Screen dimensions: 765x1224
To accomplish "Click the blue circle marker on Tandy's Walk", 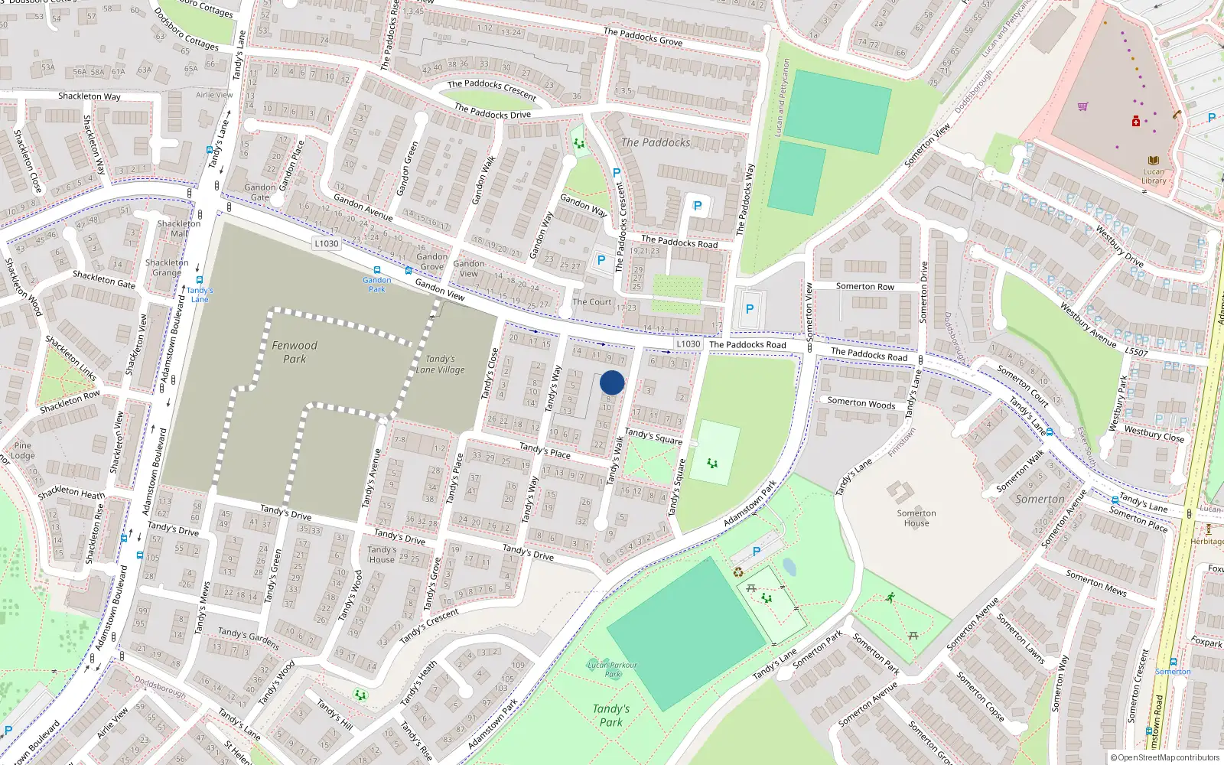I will coord(612,382).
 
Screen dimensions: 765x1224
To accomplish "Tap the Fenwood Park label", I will coord(295,352).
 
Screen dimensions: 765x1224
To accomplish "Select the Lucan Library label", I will coord(1154,176).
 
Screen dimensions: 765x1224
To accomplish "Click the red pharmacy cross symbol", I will coord(1136,122).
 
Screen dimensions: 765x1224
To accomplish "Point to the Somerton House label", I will coord(916,518).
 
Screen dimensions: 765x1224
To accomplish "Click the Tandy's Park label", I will coord(610,715).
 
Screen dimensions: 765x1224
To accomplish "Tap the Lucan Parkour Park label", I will coord(613,669).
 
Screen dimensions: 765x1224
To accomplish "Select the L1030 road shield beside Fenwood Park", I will coord(327,243).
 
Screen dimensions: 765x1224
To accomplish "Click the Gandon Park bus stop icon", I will coord(376,270).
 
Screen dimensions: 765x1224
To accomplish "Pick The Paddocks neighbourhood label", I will coord(656,142).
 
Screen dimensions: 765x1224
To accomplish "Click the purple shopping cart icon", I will coord(1082,106).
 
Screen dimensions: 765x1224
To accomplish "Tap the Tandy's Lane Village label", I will coord(441,364).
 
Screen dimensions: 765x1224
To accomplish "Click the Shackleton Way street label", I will coord(90,96).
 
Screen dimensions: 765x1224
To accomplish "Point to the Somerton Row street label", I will coord(864,286).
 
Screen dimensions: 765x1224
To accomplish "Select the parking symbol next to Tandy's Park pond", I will coord(757,551).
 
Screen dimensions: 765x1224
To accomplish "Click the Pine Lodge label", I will coord(23,450).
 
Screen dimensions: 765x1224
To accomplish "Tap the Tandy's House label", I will coord(382,554).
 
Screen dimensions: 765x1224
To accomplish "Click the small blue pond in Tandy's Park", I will coord(789,567).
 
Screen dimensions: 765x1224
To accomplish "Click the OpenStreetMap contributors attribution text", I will coord(1165,757).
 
